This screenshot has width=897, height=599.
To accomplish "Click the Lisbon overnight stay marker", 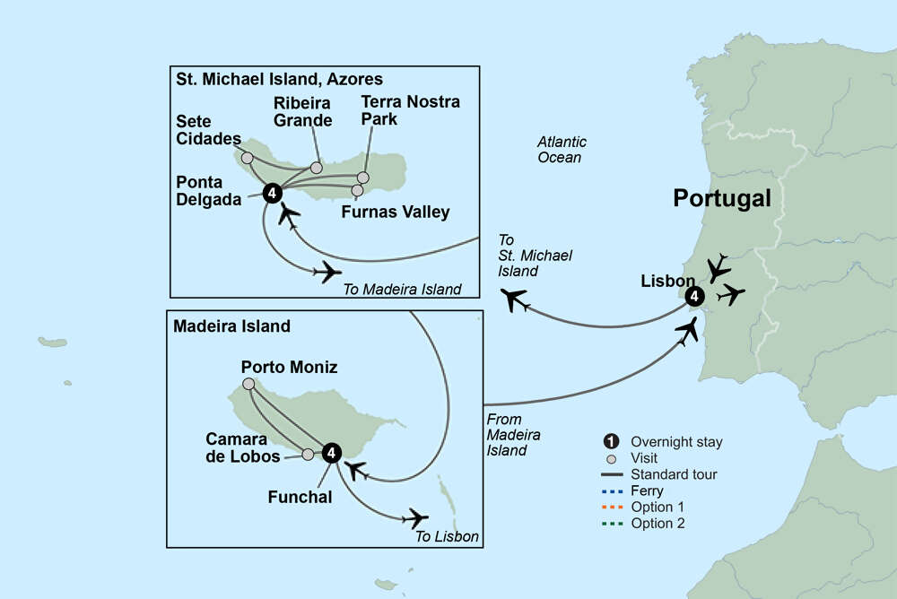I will tap(692, 297).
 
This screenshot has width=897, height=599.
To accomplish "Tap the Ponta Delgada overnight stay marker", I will tap(273, 192).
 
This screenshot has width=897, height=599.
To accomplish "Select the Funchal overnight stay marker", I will tap(331, 453).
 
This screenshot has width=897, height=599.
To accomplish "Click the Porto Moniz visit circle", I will tap(248, 384).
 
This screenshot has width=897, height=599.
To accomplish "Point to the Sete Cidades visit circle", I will tap(248, 158).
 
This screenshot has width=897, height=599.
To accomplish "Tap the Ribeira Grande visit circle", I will tap(316, 168).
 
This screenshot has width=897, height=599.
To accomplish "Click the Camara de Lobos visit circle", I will tap(308, 455).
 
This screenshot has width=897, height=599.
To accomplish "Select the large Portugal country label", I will tap(722, 199).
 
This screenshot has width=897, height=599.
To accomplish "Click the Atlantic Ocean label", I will tap(562, 150).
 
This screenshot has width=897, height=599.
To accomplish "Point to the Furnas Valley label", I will tap(396, 213).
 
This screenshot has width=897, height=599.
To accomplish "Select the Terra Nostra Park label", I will tap(410, 110).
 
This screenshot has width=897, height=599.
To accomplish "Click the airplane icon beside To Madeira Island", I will tap(327, 271).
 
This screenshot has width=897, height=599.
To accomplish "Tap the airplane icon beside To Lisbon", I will tap(415, 517).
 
